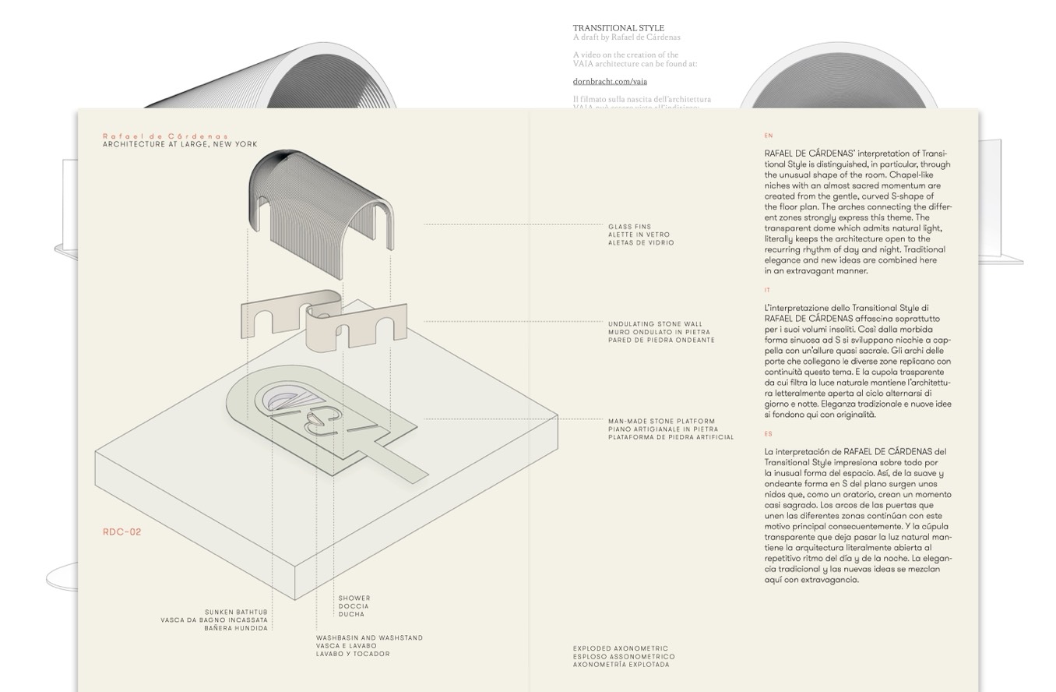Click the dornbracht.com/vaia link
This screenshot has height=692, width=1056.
[x=610, y=81]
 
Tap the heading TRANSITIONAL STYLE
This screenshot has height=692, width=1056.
[x=618, y=28]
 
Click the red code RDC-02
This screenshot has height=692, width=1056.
[x=122, y=532]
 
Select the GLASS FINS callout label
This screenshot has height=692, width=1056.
[x=629, y=227]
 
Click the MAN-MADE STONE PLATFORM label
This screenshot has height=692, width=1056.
[x=661, y=422]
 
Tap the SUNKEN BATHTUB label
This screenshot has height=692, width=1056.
[x=236, y=613]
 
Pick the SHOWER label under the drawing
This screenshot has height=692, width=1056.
[x=354, y=598]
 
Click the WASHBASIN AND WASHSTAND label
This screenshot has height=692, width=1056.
[x=369, y=638]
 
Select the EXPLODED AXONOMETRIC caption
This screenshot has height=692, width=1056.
[x=621, y=648]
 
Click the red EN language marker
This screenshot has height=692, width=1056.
[x=769, y=136]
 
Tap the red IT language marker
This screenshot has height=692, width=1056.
[x=767, y=290]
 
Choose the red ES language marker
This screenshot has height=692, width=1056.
[x=768, y=434]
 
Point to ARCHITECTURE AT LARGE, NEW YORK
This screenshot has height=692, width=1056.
[x=180, y=144]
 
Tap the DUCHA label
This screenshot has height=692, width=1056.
[x=351, y=614]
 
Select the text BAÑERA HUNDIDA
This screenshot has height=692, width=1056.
[x=236, y=628]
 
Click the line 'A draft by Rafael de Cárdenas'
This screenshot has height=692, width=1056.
[x=626, y=37]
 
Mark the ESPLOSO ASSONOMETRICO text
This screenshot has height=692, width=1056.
[x=624, y=657]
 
